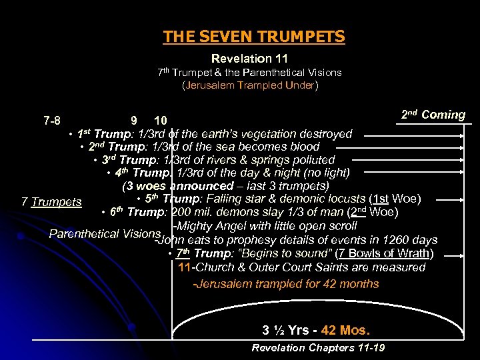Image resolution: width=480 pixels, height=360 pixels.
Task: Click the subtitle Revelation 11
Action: coord(249,59)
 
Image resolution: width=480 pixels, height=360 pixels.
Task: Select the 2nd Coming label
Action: coord(433,115)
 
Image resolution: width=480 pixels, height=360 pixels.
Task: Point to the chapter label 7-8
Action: coord(52,121)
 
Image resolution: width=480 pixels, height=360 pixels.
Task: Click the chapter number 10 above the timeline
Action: coord(160,121)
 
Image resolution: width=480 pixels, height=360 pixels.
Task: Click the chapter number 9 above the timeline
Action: coord(134,121)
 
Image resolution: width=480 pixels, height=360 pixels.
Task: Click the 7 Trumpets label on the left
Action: coord(51,202)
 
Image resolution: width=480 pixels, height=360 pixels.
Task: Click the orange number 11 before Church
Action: coord(185,267)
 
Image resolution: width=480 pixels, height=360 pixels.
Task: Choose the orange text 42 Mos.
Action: coord(345,331)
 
